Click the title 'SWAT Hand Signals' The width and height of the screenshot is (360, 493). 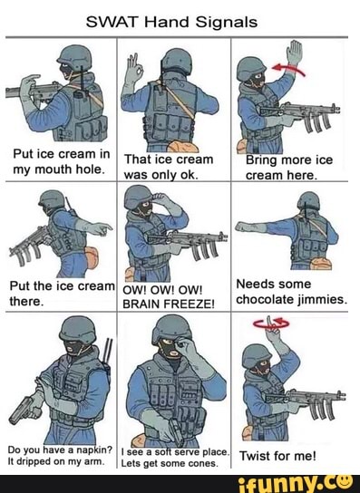[180, 21]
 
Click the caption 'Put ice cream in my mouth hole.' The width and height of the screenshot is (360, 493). [58, 160]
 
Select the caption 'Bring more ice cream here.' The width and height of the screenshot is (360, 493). [289, 167]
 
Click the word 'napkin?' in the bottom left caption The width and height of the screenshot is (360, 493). [92, 450]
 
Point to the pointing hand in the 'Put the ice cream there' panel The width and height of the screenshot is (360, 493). [102, 227]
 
